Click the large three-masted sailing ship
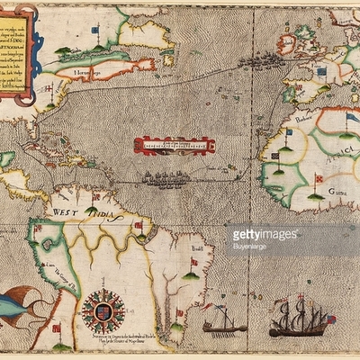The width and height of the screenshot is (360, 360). pyautogui.click(x=296, y=319)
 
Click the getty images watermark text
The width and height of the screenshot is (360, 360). pyautogui.click(x=265, y=235)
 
